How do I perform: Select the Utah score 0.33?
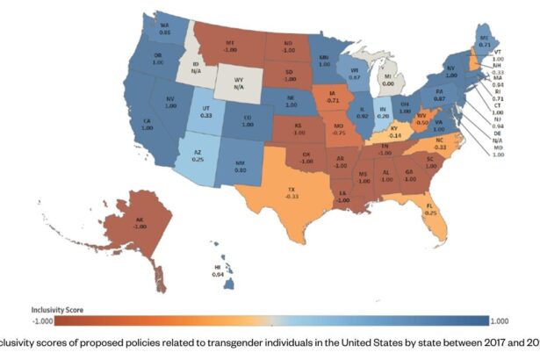[x=205, y=115]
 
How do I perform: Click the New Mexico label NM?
[x=240, y=163]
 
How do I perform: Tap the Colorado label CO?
[x=248, y=119]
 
